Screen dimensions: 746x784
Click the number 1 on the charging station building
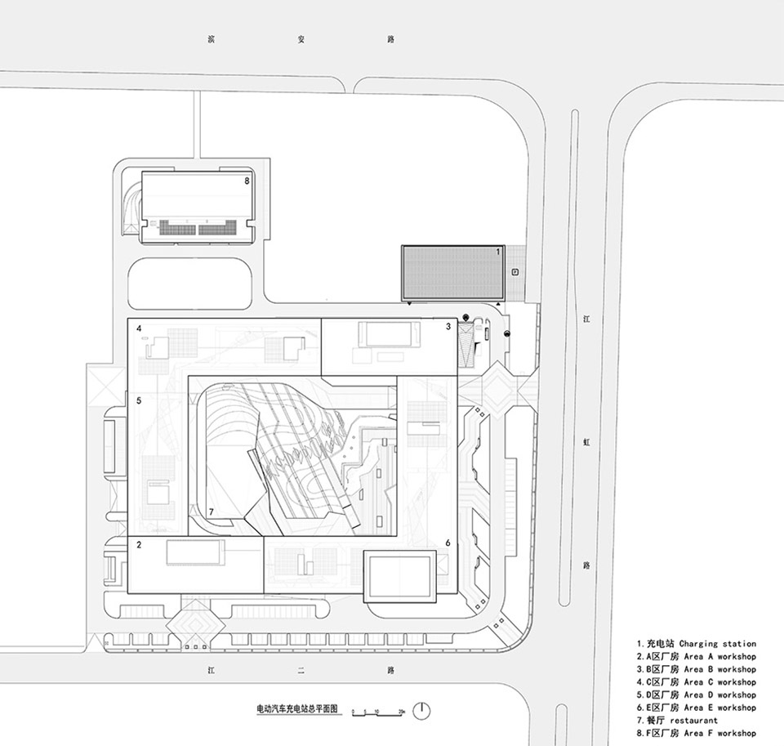498,252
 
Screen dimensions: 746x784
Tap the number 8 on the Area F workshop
246,180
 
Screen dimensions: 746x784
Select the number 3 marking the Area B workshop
448,327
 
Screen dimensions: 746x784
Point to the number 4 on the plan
140,329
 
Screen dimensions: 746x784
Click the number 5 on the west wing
140,400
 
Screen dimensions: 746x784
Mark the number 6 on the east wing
448,543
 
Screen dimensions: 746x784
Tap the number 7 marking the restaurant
211,512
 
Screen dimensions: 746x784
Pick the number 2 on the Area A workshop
140,544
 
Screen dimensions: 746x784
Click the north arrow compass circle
421,710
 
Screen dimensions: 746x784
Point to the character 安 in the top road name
300,38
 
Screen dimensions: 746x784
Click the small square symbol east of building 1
514,272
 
